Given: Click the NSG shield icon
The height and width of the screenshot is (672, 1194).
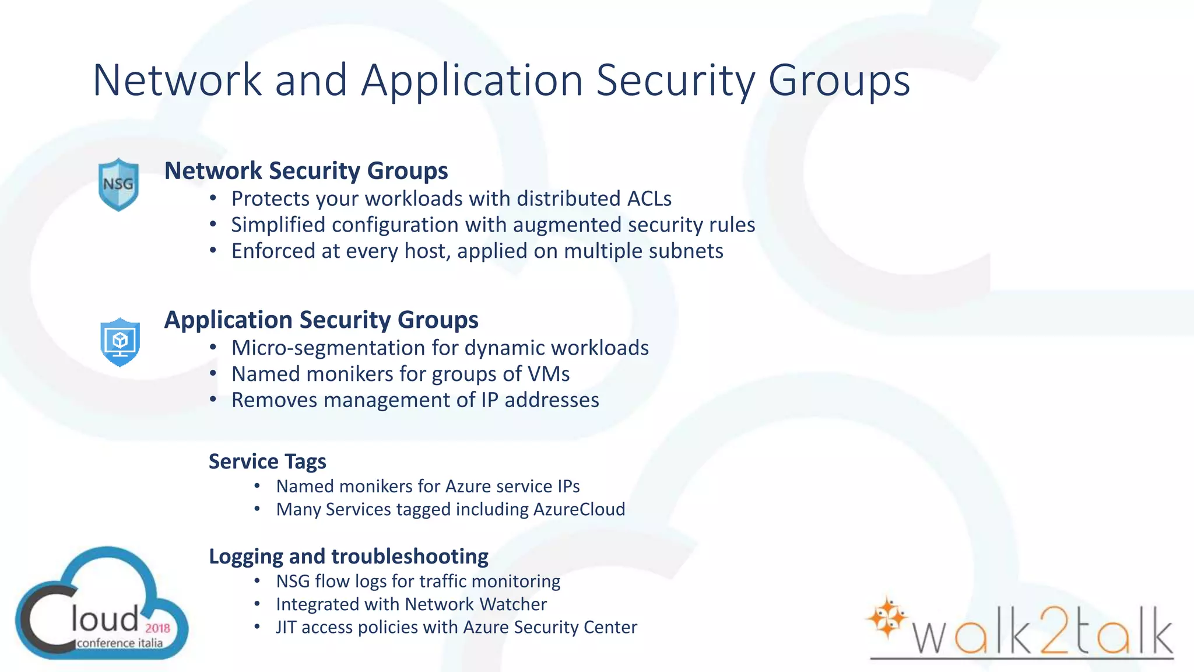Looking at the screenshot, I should pos(118,184).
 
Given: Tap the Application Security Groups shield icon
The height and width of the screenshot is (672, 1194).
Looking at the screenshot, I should pos(120,342).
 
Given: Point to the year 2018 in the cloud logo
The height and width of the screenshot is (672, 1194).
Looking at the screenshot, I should pos(157,628).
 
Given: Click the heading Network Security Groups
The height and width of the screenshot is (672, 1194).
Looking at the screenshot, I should pos(306,171).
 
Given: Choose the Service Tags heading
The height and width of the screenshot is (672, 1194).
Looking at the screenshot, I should pos(268,461).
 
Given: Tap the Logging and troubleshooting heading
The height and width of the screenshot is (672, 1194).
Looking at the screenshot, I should pos(349,556).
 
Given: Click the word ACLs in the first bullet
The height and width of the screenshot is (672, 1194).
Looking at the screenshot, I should pos(649,199).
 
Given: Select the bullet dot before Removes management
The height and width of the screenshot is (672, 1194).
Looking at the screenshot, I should pos(213,400).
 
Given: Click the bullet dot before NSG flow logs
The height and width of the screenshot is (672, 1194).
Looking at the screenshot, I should pos(257,581).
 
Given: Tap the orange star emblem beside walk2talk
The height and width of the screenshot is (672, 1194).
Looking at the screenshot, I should pos(886,616).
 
